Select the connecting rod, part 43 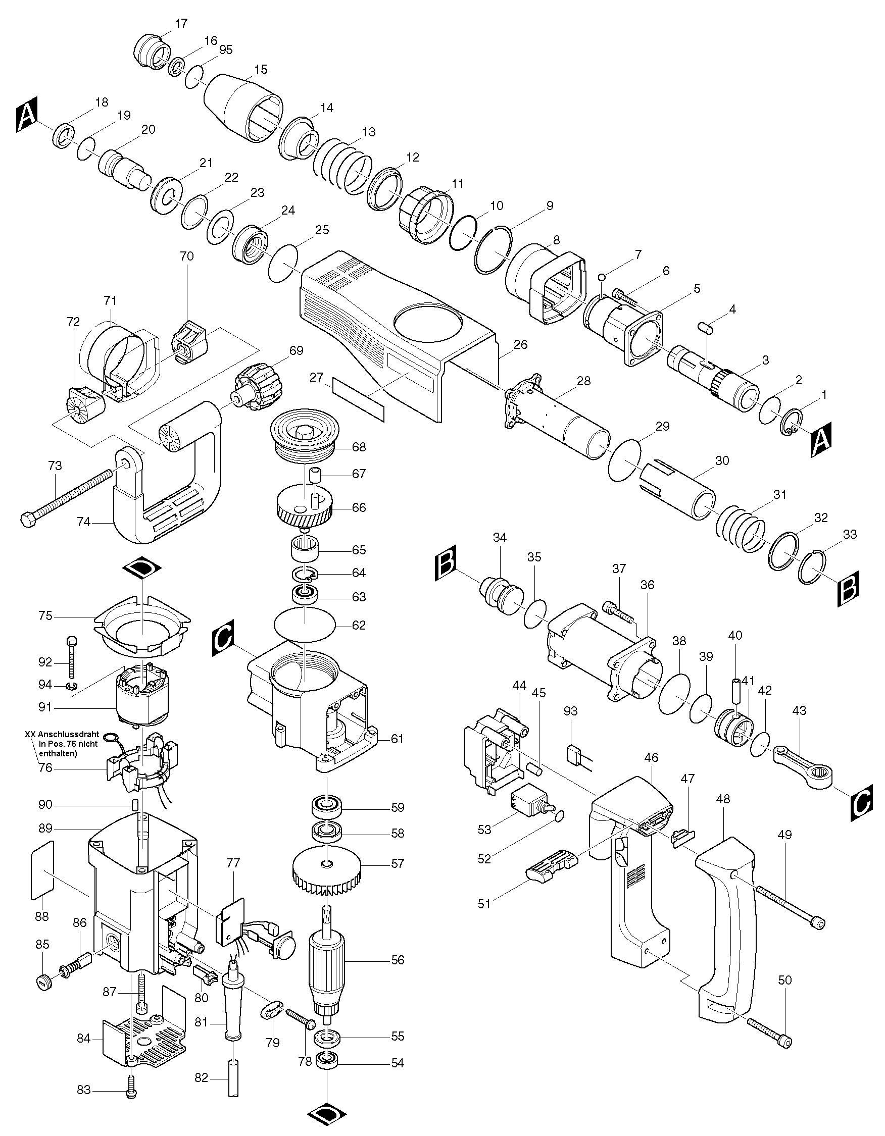click(x=802, y=764)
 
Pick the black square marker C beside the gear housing click(x=224, y=636)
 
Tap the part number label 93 click(x=571, y=711)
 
